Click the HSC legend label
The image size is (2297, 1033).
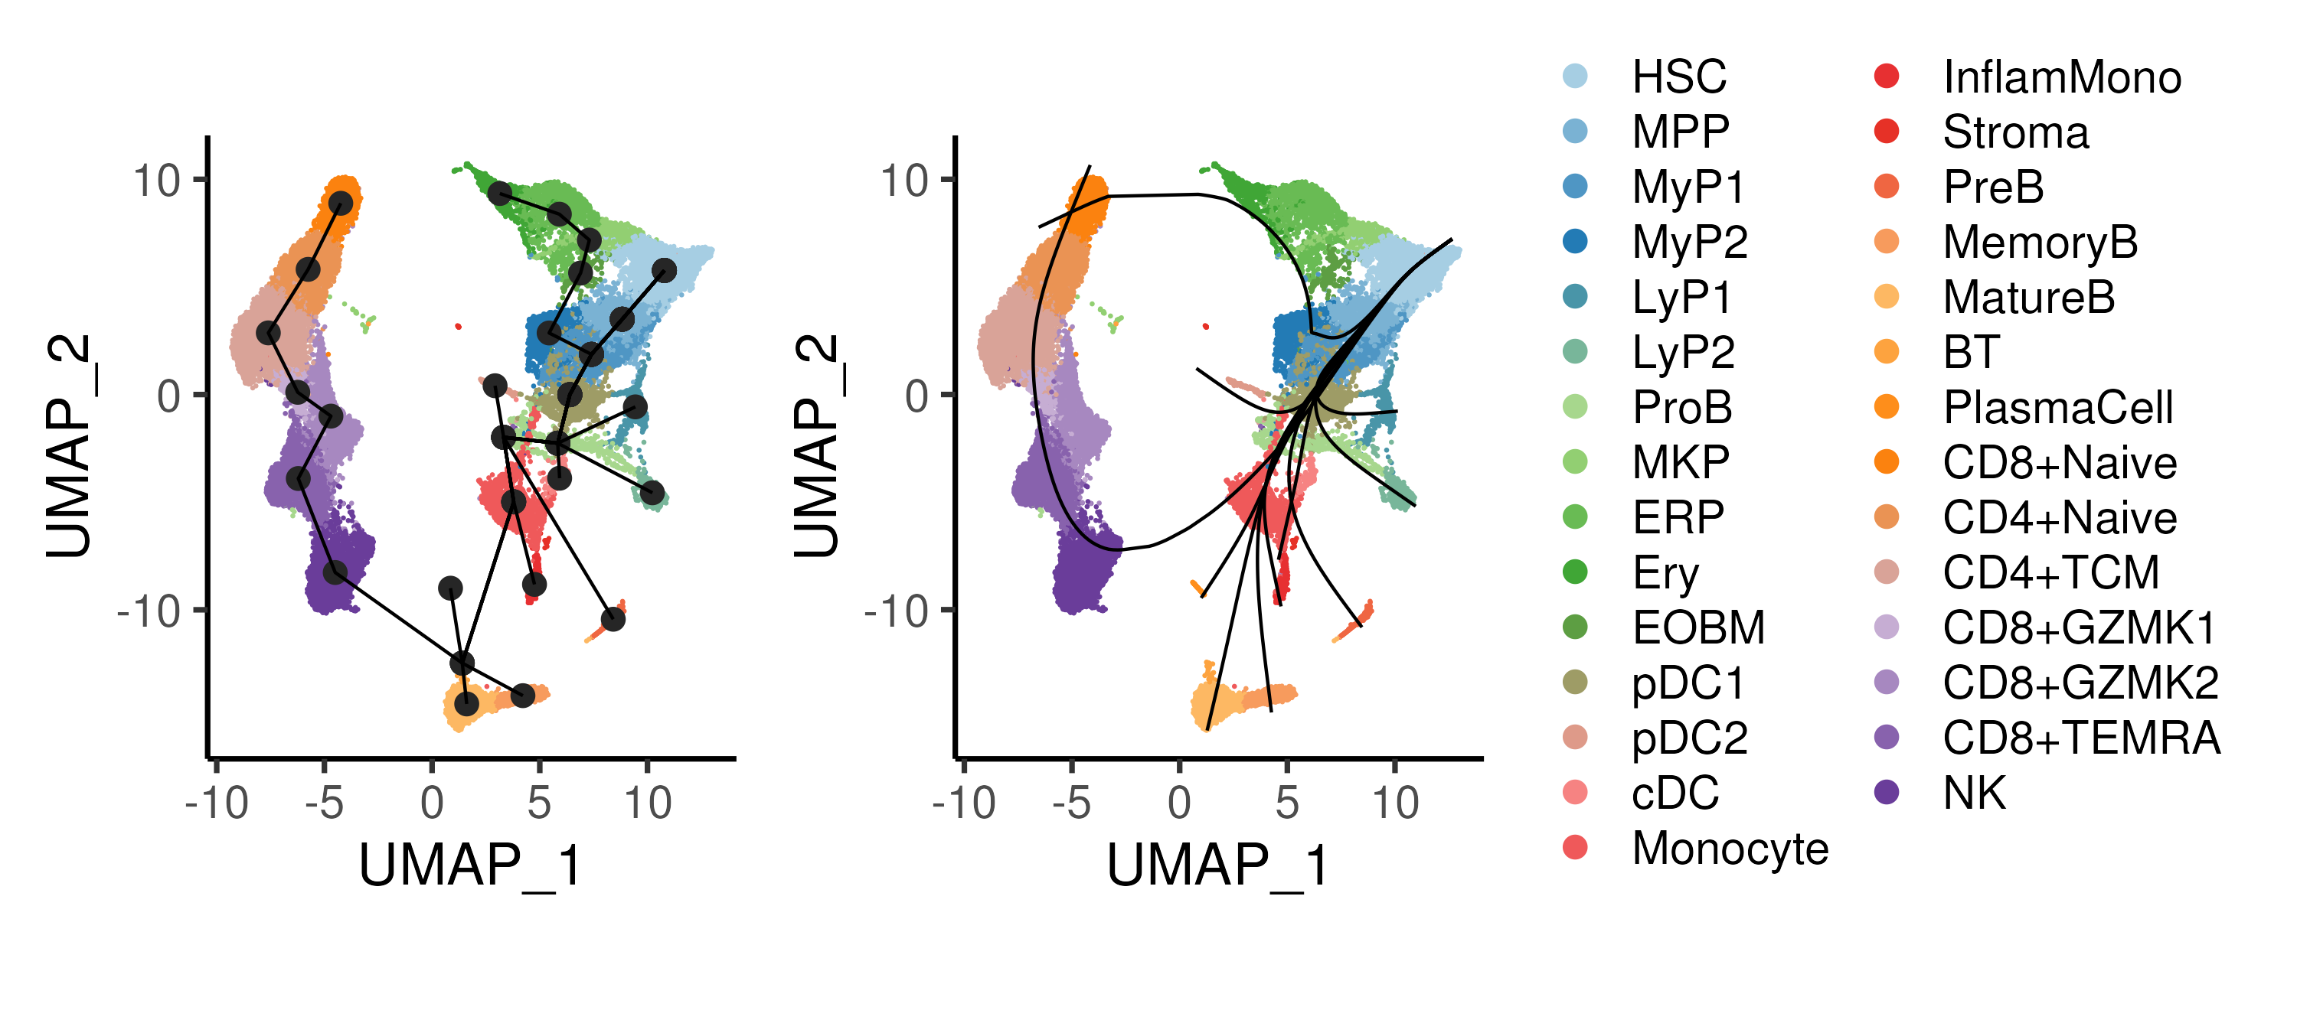(x=1678, y=77)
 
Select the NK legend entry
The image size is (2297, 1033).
(x=1974, y=793)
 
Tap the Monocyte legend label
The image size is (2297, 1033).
(x=1729, y=848)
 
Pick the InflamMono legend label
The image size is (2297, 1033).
(x=2062, y=77)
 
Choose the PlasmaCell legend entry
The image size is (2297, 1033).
(x=2057, y=407)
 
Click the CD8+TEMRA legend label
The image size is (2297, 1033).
(x=2080, y=738)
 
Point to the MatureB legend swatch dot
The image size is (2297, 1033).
(x=1887, y=297)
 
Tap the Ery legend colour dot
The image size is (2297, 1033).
(x=1576, y=572)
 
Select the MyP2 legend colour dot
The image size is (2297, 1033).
(x=1576, y=242)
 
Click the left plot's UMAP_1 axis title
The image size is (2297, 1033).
(x=470, y=865)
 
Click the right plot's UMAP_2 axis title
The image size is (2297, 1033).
(x=816, y=445)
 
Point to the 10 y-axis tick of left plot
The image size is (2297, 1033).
(x=157, y=181)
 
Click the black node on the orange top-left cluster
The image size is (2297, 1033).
(x=341, y=204)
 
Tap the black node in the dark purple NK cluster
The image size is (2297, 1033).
(x=335, y=572)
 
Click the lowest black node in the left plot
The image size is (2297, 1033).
(x=466, y=704)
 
